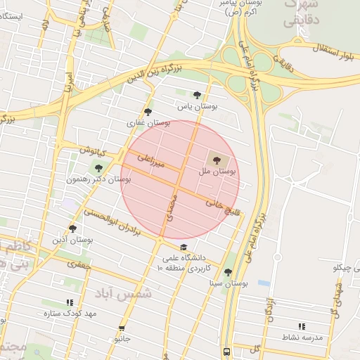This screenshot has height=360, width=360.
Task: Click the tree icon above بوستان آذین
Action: [x=72, y=229]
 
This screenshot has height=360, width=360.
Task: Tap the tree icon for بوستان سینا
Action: [x=228, y=273]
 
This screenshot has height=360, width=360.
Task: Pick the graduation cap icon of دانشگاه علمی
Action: [x=184, y=247]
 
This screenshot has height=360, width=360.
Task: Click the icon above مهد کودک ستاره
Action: [x=69, y=302]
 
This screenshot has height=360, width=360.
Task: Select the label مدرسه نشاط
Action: [x=301, y=337]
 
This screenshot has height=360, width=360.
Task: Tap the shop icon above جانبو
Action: [x=122, y=328]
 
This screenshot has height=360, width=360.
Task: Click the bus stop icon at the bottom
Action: [x=226, y=352]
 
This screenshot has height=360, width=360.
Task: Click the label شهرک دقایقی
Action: [x=301, y=13]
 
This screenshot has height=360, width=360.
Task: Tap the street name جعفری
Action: [x=79, y=265]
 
